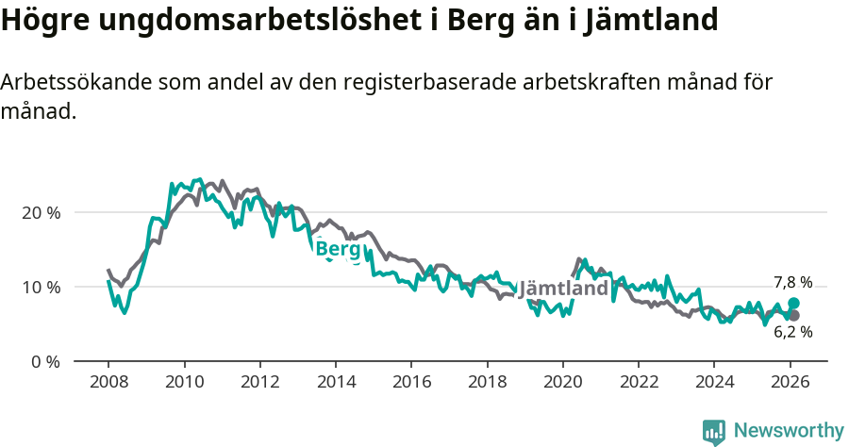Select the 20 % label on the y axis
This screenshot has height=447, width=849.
tap(41, 212)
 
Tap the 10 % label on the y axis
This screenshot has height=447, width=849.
tap(41, 287)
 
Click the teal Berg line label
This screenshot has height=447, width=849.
tap(338, 249)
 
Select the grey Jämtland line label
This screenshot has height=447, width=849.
tap(563, 289)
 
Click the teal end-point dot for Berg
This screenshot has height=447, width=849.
tap(793, 303)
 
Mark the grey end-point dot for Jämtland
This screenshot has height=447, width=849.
tap(793, 315)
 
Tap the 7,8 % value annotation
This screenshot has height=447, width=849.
tap(792, 282)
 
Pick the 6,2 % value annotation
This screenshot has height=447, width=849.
tap(792, 332)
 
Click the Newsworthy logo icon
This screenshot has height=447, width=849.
tap(714, 431)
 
